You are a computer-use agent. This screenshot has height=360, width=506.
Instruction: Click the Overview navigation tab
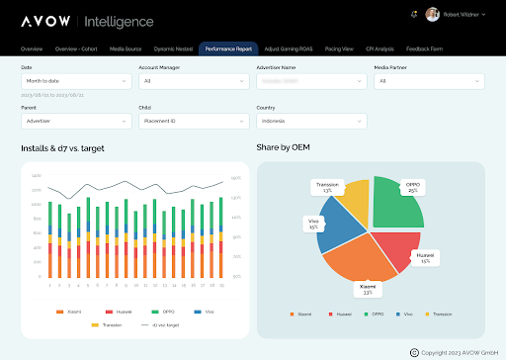coord(32,47)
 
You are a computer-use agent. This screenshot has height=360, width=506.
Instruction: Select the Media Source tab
coord(125,47)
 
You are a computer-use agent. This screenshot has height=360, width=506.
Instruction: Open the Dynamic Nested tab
coord(172,47)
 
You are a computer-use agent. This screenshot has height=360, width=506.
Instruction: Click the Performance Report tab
coord(229,47)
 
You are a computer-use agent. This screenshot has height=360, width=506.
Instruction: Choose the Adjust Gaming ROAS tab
coord(290,47)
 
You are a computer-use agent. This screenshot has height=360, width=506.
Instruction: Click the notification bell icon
coord(413,14)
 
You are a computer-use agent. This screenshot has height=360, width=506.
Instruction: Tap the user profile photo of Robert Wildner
coord(433,14)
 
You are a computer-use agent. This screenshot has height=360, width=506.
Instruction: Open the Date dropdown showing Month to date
coord(74,81)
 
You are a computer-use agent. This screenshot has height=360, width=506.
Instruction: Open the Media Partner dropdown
coord(429,81)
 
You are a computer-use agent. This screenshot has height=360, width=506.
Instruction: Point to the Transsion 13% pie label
coord(328,187)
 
